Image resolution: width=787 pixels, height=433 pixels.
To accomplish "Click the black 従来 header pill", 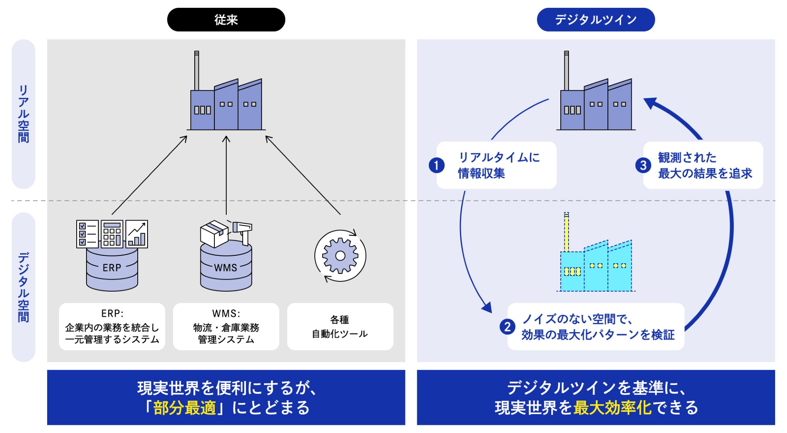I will pyautogui.click(x=226, y=20).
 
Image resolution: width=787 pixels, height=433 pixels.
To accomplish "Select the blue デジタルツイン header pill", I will pyautogui.click(x=596, y=20).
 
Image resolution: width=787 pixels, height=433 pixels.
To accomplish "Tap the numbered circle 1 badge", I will pyautogui.click(x=437, y=165).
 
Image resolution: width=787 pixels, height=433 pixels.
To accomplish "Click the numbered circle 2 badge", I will pyautogui.click(x=507, y=327).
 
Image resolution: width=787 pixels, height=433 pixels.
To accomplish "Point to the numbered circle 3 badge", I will pyautogui.click(x=643, y=165).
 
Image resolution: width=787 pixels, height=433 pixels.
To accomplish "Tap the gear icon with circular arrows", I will pyautogui.click(x=340, y=256).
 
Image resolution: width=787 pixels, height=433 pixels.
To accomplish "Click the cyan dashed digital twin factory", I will pyautogui.click(x=596, y=267).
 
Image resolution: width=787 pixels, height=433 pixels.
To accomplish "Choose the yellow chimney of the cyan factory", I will pyautogui.click(x=566, y=232).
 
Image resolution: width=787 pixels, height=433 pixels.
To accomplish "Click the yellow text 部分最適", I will pyautogui.click(x=184, y=408).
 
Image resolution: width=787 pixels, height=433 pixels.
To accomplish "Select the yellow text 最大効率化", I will pyautogui.click(x=612, y=408).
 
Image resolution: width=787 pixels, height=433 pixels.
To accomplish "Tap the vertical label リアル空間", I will pyautogui.click(x=23, y=114).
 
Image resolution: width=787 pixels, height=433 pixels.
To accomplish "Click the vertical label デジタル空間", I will pyautogui.click(x=23, y=287).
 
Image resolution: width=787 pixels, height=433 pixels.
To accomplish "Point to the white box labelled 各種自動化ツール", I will pyautogui.click(x=340, y=327).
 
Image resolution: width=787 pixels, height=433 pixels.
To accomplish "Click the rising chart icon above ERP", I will pyautogui.click(x=137, y=234).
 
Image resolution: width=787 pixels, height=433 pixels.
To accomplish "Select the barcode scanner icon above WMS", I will pyautogui.click(x=242, y=230).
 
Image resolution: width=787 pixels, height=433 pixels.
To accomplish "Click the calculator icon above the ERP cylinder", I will pyautogui.click(x=112, y=234).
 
